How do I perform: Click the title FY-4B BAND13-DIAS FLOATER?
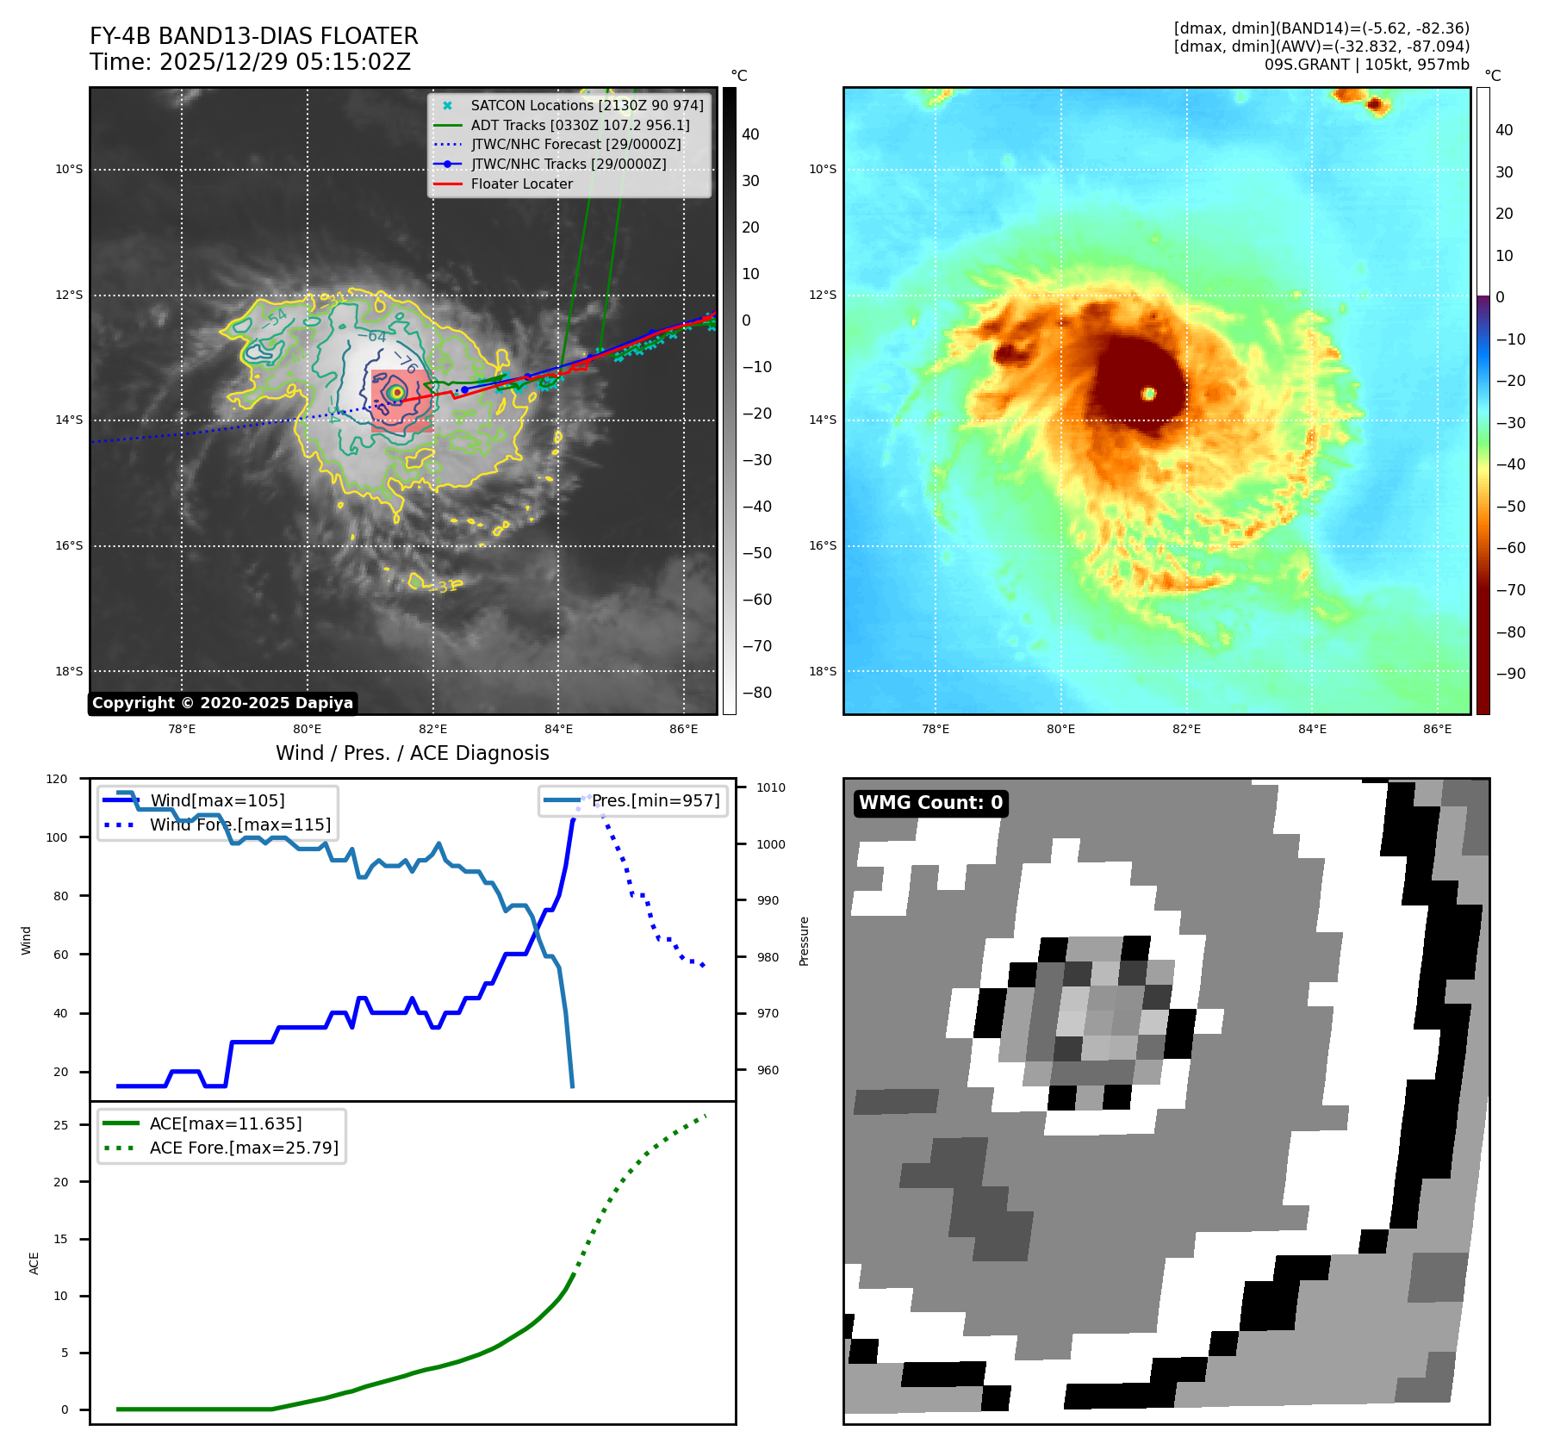[x=253, y=36]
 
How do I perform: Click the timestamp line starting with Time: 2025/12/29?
[x=250, y=62]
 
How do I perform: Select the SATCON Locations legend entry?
[x=587, y=105]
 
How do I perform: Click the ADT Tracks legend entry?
[x=580, y=125]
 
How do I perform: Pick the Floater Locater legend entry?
[x=521, y=184]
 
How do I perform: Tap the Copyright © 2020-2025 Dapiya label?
[x=222, y=703]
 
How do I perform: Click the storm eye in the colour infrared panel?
[x=1148, y=394]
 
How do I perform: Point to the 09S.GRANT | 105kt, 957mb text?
[x=1366, y=65]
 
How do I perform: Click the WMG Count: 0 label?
[x=930, y=803]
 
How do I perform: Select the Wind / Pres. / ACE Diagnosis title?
[x=412, y=753]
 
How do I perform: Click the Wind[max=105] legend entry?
[x=217, y=800]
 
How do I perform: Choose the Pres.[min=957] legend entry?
[x=655, y=800]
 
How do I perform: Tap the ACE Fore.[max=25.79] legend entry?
[x=244, y=1148]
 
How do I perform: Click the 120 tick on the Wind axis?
[x=57, y=779]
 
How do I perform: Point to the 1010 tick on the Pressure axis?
[x=770, y=787]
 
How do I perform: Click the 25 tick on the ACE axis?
[x=61, y=1125]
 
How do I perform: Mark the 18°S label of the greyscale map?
[x=70, y=671]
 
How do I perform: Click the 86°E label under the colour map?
[x=1437, y=729]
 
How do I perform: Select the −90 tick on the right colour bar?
[x=1510, y=674]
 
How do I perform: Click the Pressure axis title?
[x=804, y=941]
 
